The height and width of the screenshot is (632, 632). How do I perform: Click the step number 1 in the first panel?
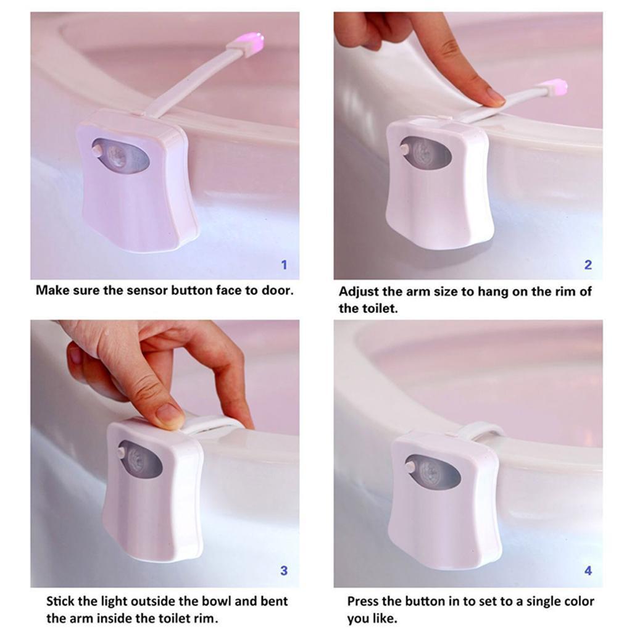(284, 265)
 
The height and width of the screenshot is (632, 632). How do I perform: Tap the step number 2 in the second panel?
(588, 265)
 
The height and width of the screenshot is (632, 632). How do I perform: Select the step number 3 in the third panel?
(284, 571)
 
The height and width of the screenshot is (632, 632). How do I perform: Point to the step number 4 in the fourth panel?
(588, 571)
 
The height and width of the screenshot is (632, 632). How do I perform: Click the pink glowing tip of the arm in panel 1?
(252, 43)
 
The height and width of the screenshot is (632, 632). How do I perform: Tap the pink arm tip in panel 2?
(559, 87)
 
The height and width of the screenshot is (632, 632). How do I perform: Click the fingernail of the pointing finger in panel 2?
(495, 96)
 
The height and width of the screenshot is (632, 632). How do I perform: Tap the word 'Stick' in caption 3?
(62, 601)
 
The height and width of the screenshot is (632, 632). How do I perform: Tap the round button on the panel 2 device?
(405, 149)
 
